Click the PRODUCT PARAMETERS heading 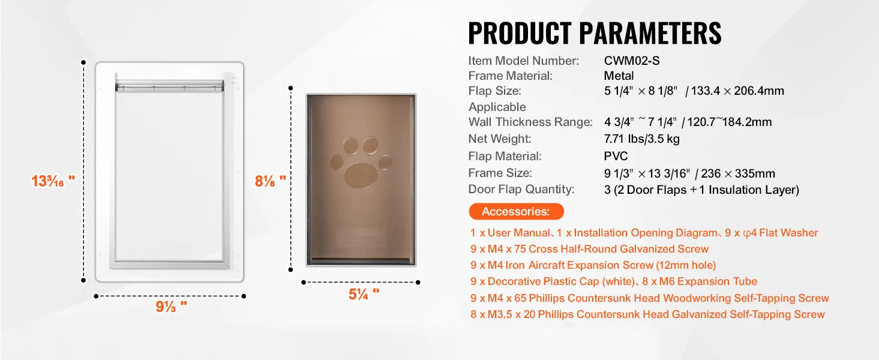(595, 33)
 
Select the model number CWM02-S (632, 61)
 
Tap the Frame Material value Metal (619, 76)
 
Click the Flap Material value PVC (616, 156)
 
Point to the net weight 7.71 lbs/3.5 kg (642, 139)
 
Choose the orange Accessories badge (516, 211)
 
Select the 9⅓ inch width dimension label (172, 306)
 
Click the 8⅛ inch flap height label (270, 181)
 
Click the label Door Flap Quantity (521, 190)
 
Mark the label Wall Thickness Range (530, 122)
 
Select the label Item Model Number (523, 61)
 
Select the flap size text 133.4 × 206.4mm (737, 91)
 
